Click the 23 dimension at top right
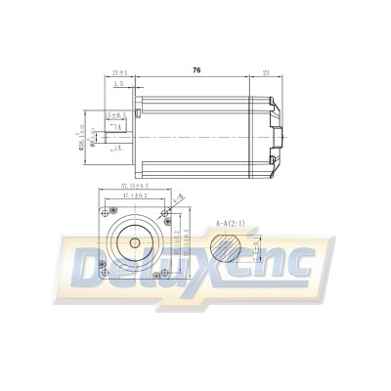(x=267, y=71)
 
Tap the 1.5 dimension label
(x=118, y=85)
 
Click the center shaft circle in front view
(x=130, y=240)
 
